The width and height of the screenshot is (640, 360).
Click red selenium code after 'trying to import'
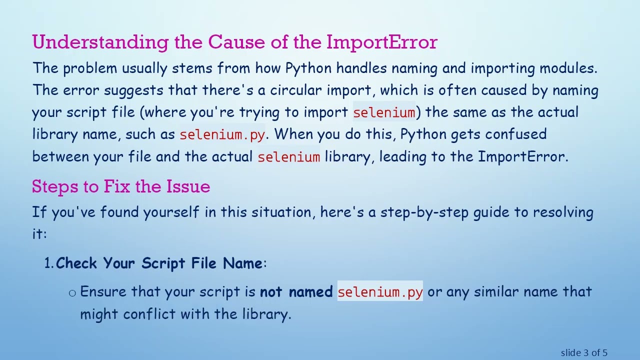(384, 112)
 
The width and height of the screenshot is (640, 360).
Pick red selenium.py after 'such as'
(222, 134)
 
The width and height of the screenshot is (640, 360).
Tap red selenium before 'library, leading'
(288, 157)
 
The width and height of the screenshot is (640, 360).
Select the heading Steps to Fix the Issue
(120, 186)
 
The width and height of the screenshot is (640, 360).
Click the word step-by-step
(424, 212)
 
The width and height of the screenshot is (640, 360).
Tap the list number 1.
(48, 263)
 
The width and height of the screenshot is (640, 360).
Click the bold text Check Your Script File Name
(159, 263)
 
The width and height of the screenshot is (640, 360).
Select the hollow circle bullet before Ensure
(72, 293)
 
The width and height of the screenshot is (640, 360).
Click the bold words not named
(296, 292)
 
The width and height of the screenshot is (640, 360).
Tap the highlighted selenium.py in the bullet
(380, 292)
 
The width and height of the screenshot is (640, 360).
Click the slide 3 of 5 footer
(583, 353)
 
